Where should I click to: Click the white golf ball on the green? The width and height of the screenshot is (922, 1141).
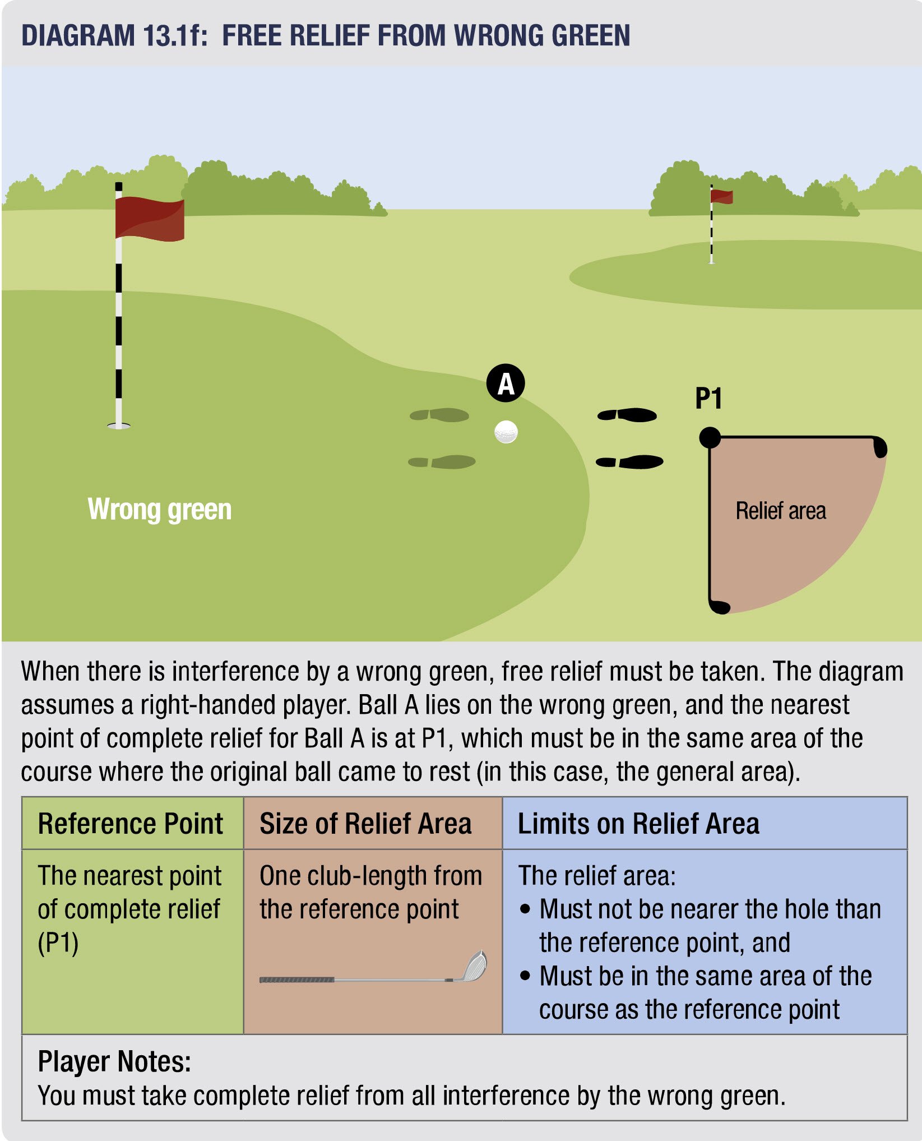click(x=506, y=432)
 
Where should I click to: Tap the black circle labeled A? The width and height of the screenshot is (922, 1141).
click(x=506, y=384)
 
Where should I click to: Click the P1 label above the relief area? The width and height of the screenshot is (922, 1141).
click(x=708, y=399)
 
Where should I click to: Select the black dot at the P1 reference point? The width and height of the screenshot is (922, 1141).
click(x=710, y=437)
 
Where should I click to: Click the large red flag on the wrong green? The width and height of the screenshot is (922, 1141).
click(x=149, y=218)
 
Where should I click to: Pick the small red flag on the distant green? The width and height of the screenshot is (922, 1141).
click(x=721, y=196)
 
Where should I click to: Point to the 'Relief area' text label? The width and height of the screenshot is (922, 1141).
click(x=781, y=511)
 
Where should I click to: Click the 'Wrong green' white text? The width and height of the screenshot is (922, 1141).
click(x=160, y=510)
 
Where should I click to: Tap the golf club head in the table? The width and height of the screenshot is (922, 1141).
click(x=474, y=967)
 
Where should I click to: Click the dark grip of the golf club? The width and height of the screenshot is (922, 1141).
click(x=296, y=980)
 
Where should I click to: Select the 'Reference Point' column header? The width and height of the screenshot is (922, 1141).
click(x=131, y=824)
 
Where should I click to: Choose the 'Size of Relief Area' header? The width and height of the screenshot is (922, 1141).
click(x=365, y=824)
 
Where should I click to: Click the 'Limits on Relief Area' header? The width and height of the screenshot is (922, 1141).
click(x=638, y=824)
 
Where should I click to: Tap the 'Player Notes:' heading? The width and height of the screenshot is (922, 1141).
click(x=114, y=1061)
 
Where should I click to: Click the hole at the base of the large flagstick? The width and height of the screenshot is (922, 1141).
click(x=119, y=426)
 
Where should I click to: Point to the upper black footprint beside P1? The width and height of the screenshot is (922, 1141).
click(x=627, y=415)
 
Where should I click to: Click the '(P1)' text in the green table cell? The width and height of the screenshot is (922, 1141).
click(x=58, y=943)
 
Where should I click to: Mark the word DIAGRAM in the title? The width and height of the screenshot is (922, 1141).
click(x=78, y=35)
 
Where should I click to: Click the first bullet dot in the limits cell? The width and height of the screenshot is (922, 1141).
click(x=525, y=909)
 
